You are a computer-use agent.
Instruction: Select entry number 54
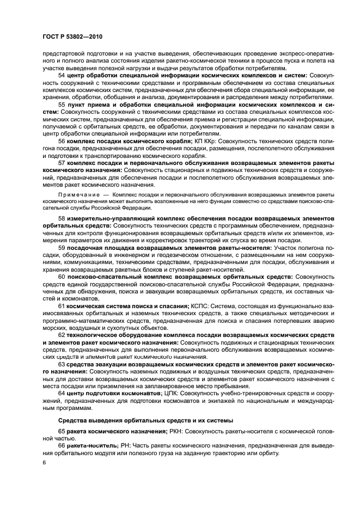click(x=62, y=75)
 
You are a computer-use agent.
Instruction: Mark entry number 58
click(x=62, y=218)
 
